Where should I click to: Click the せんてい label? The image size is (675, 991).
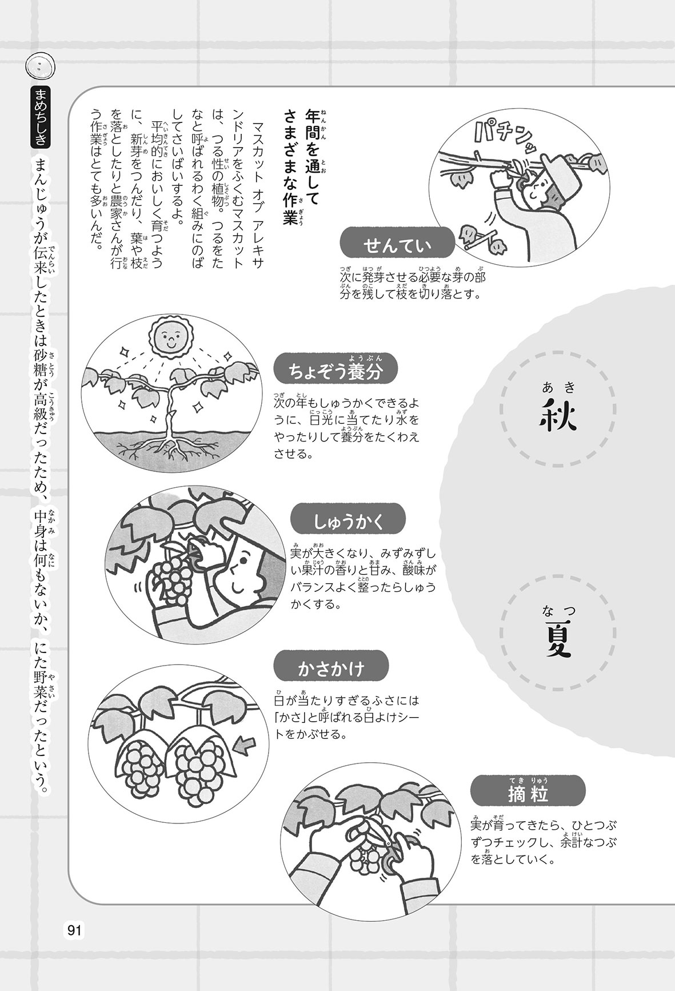click(397, 245)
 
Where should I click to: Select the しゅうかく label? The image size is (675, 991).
click(348, 522)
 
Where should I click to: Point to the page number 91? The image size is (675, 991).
click(74, 930)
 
